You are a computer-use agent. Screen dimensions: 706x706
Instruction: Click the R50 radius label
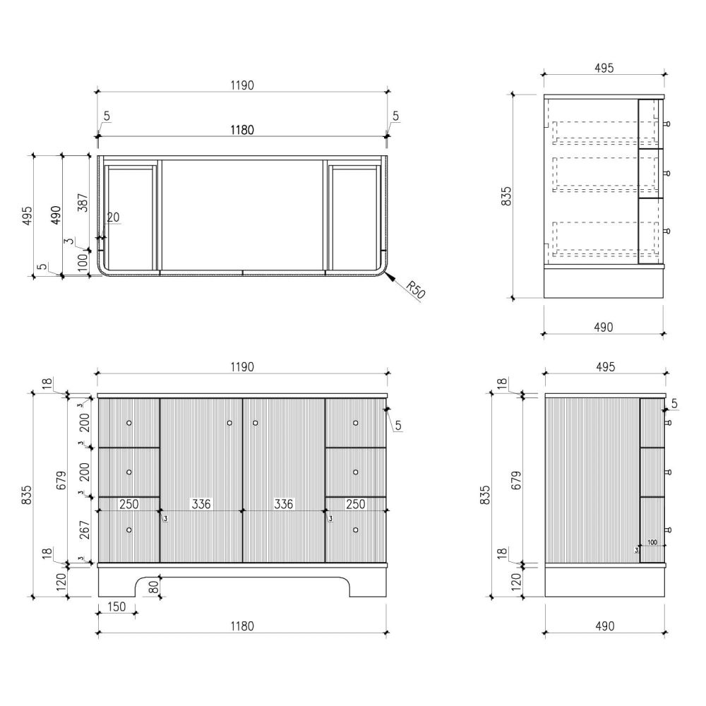click(415, 290)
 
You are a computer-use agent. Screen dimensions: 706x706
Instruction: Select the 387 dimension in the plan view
click(83, 203)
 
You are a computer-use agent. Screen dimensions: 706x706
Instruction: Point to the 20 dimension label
click(113, 217)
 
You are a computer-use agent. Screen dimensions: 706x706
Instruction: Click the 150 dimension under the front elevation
click(116, 606)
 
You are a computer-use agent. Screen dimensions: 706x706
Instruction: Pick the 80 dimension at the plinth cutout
click(153, 587)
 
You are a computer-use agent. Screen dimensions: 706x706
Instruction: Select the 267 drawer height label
click(84, 530)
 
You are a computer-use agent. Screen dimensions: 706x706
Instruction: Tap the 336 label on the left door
click(201, 504)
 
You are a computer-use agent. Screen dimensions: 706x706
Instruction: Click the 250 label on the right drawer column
click(355, 504)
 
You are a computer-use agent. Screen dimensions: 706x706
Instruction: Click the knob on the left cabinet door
click(229, 423)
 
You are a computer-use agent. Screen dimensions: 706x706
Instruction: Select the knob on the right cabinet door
click(256, 423)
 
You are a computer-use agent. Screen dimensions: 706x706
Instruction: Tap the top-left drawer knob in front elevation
click(129, 423)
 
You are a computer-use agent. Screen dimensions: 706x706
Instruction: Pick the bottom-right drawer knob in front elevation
click(356, 530)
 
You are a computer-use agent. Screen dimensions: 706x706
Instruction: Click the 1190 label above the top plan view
click(242, 85)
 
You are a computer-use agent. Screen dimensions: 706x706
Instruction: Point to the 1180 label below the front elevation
click(242, 626)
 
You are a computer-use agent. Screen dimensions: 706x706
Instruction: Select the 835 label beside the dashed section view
click(506, 196)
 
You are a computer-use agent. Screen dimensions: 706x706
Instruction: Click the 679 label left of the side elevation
click(517, 480)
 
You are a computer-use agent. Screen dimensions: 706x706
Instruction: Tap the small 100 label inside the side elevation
click(652, 542)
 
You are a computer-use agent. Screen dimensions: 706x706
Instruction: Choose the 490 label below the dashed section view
click(604, 327)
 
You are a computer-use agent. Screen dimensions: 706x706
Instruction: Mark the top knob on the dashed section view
click(667, 124)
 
